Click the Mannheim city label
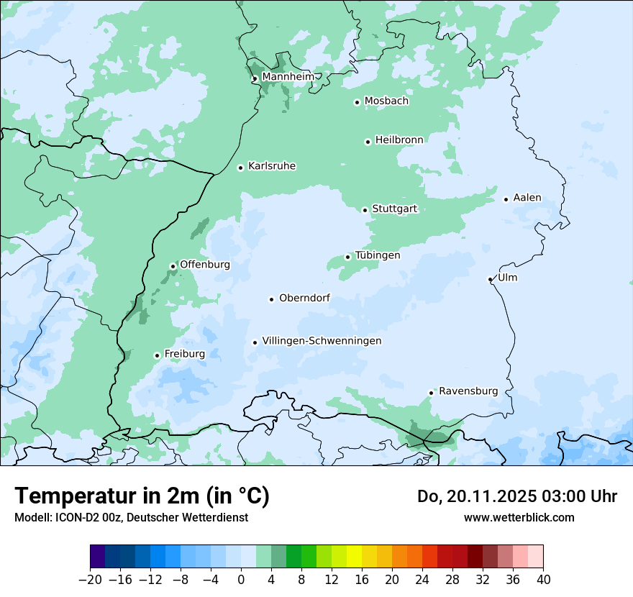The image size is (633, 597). [288, 76]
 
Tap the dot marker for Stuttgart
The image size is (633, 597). [365, 210]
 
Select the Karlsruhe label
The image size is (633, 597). [272, 166]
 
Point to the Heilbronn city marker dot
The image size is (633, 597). [368, 142]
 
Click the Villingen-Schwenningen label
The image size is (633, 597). [322, 341]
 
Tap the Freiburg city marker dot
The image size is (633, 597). [157, 355]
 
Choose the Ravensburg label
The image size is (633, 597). [468, 391]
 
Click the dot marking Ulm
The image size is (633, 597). [490, 279]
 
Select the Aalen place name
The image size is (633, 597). [527, 198]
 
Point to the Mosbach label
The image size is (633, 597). [386, 101]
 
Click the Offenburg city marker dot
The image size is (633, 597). [173, 266]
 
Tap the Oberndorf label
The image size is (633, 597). [304, 298]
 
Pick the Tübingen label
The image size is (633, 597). [378, 255]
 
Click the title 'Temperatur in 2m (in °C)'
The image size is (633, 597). [142, 496]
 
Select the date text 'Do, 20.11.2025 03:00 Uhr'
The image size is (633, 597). [517, 496]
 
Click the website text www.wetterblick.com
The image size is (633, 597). [519, 517]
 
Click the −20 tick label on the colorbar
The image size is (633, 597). [90, 580]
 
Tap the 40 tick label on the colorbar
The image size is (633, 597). [543, 580]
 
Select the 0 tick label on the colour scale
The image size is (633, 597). [241, 580]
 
